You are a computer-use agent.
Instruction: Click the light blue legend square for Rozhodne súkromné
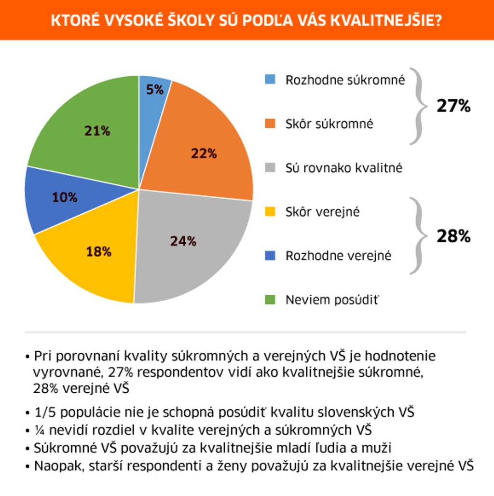(270, 80)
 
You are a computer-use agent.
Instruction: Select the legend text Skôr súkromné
(329, 124)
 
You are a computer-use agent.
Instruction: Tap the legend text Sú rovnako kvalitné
(343, 168)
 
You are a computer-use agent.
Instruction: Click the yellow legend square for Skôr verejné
(270, 211)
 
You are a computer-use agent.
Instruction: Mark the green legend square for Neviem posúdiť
(270, 300)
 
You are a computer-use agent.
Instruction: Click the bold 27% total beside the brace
(453, 106)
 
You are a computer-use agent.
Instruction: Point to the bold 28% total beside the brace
(453, 236)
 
